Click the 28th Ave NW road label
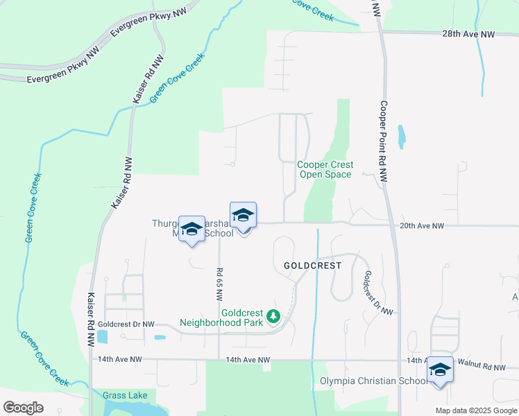tap(469, 34)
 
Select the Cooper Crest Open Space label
tap(325, 169)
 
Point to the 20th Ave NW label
tap(422, 226)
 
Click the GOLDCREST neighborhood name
tap(312, 266)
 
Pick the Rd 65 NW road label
tap(219, 284)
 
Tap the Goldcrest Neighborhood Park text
tap(221, 318)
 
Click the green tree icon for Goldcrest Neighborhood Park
tap(273, 317)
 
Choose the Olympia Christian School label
tap(373, 381)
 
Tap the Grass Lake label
tap(125, 396)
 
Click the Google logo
tap(23, 408)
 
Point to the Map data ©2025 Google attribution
tap(475, 410)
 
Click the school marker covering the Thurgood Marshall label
tap(192, 229)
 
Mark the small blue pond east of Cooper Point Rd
tap(401, 137)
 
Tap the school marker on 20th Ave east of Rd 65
tap(243, 217)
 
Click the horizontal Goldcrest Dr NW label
tap(126, 324)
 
